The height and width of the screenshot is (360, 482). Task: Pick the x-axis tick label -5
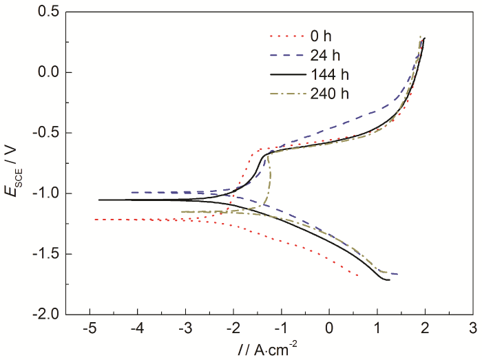[x=88, y=327]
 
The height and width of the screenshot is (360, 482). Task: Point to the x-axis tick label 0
[x=329, y=327]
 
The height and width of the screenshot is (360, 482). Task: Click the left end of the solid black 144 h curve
[x=99, y=200]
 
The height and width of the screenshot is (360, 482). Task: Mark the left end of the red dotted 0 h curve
[x=95, y=220]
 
